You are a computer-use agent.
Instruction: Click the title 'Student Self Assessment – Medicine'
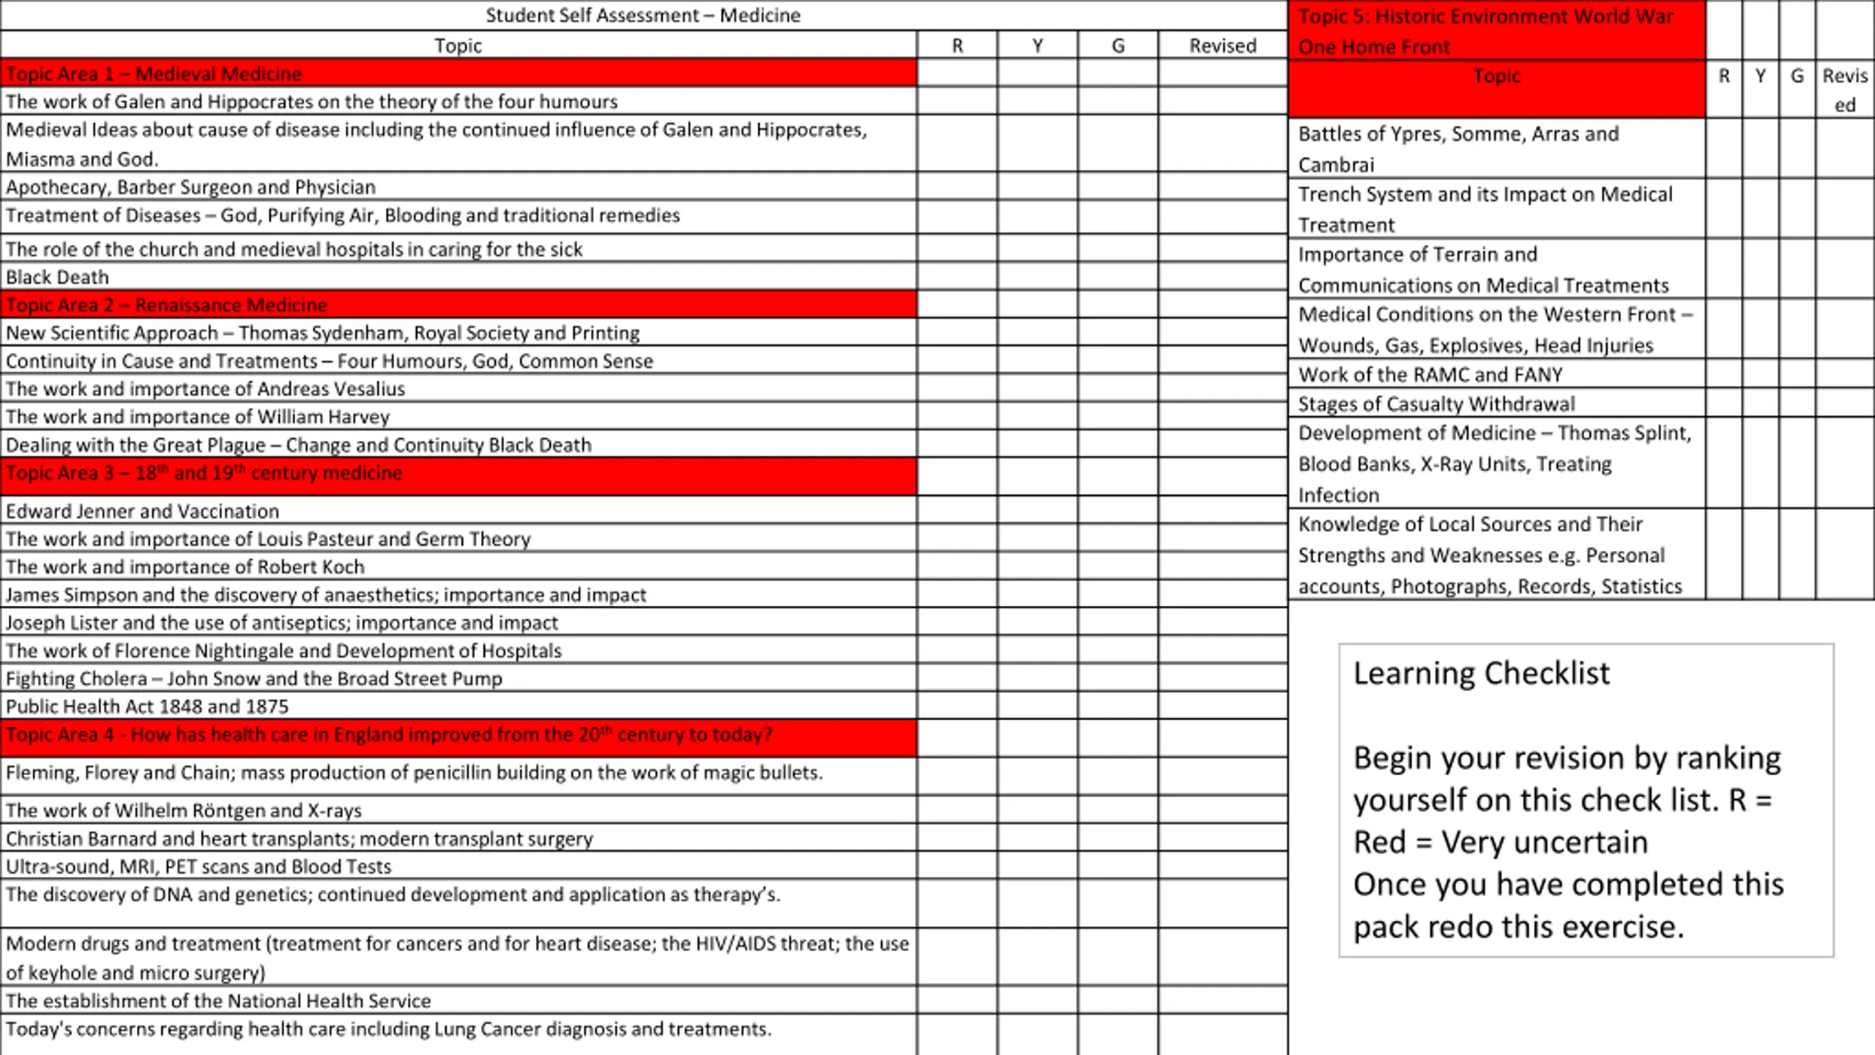642,15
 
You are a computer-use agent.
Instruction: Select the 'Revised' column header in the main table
1222,46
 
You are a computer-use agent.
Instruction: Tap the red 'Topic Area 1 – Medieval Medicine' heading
154,74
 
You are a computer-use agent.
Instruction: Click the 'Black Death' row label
57,278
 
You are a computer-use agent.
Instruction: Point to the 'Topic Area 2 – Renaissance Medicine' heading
166,305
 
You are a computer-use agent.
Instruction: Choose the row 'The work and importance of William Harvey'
198,417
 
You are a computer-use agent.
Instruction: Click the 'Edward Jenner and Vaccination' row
143,511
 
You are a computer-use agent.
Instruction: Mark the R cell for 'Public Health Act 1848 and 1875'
957,706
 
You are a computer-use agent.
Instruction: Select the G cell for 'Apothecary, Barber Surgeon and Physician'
1118,187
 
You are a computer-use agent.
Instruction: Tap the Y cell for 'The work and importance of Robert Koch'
1037,566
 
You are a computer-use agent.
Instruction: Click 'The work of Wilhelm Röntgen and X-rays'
184,810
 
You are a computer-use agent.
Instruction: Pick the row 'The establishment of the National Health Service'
218,1001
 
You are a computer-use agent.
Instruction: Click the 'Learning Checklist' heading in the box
1481,673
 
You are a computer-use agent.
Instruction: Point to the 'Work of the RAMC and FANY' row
1430,374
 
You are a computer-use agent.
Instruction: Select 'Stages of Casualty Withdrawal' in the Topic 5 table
1436,404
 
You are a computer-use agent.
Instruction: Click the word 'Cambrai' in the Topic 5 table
1336,165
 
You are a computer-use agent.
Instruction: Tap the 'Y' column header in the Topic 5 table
1760,76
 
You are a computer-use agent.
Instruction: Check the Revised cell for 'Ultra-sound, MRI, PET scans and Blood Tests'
1222,866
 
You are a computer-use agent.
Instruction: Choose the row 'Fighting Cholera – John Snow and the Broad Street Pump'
254,678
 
